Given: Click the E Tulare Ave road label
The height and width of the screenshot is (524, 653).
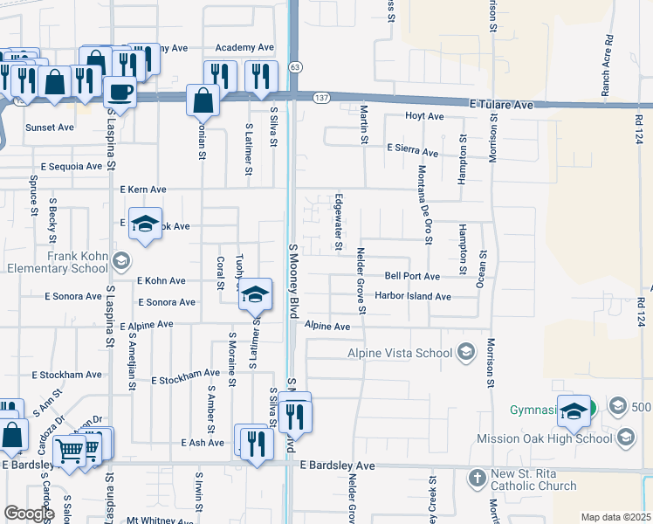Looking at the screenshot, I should tap(500, 104).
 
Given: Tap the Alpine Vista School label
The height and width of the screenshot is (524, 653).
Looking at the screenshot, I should tap(400, 352).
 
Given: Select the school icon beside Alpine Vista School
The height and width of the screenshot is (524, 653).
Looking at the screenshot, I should tap(466, 352).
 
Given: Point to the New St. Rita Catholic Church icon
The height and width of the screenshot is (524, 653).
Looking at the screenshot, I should tap(477, 478).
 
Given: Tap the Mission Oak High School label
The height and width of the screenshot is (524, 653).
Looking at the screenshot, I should tap(545, 438).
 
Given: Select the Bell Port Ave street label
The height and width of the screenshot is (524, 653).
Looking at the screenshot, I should tap(412, 276).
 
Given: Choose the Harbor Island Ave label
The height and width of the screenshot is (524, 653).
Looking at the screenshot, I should tap(412, 296).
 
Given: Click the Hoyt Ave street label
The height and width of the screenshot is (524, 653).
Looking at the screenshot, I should tap(424, 116).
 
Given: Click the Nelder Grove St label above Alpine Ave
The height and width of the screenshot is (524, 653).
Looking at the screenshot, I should tap(361, 280).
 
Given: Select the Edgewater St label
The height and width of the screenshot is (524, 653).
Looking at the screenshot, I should tap(338, 222).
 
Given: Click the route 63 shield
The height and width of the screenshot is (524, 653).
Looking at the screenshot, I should tap(297, 67).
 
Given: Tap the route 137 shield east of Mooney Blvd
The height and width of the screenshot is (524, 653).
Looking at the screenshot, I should tap(322, 95).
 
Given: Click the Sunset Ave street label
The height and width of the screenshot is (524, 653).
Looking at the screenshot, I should tap(50, 128).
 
